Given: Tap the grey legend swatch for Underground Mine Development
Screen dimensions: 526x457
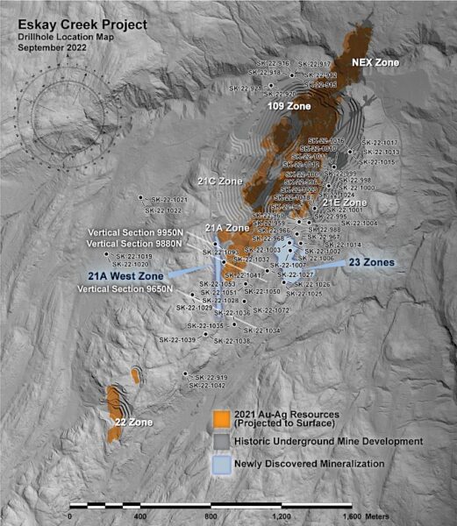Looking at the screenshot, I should (x=224, y=441).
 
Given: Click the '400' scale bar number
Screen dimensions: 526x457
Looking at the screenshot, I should (x=140, y=518).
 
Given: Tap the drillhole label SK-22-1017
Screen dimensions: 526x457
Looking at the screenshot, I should (x=379, y=143).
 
